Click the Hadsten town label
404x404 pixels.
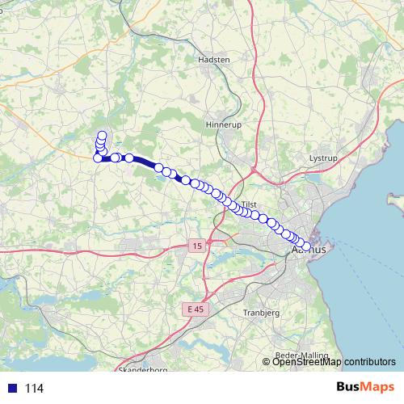[214, 60]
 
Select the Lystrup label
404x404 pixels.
[323, 159]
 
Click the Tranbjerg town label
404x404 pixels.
[261, 312]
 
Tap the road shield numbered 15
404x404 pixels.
[197, 245]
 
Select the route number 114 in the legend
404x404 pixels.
[34, 389]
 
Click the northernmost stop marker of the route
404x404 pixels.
[102, 136]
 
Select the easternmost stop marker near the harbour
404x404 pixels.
[307, 247]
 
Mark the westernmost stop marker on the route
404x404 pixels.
[98, 158]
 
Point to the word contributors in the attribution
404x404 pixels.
[369, 362]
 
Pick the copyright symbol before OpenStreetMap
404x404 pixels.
[267, 362]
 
